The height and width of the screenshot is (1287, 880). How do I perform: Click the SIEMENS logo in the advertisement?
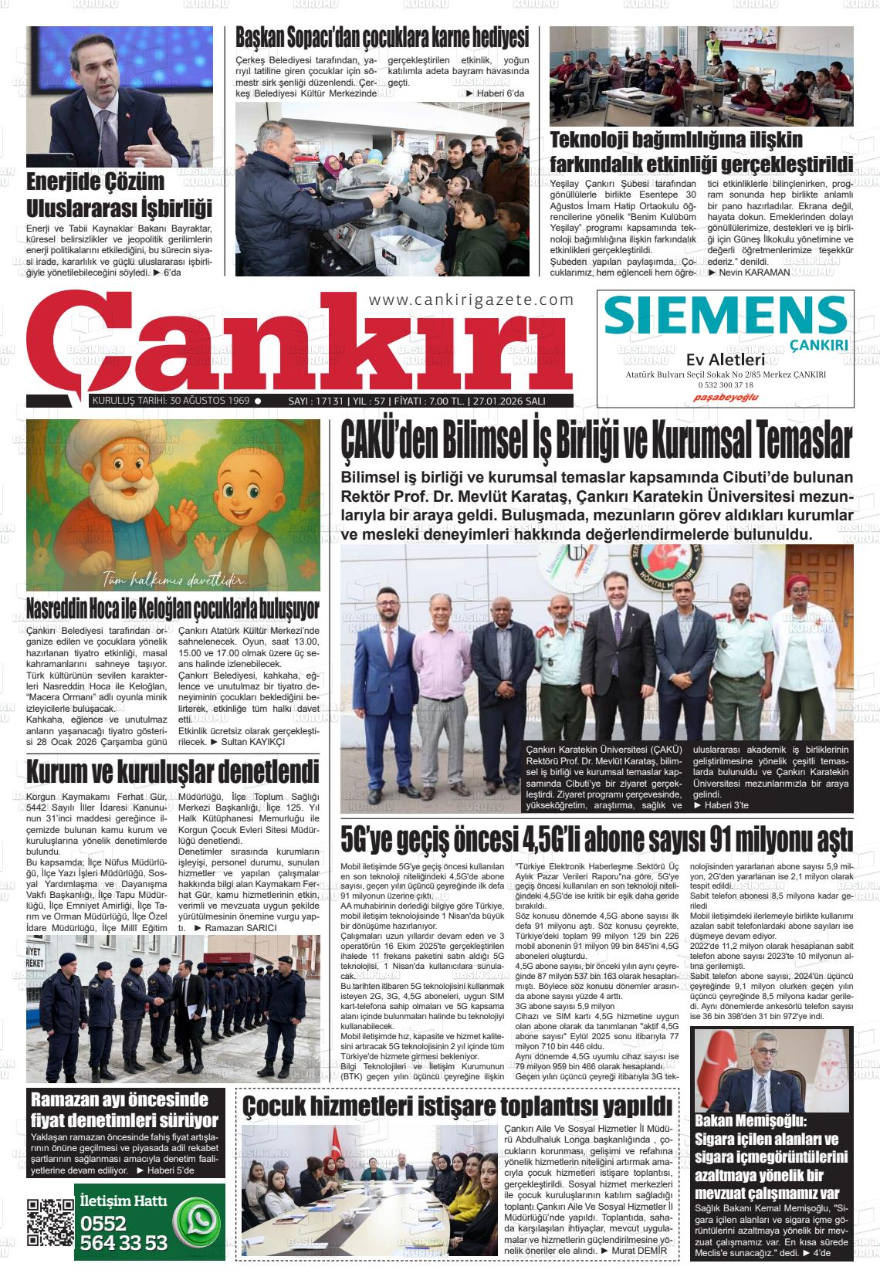click(726, 314)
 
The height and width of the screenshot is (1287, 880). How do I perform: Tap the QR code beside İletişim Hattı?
click(50, 1221)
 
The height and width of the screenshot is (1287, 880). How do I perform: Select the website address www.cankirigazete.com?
click(471, 300)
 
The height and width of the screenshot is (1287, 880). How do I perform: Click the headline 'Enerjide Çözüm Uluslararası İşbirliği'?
click(119, 195)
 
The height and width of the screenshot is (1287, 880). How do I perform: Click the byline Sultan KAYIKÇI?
click(252, 741)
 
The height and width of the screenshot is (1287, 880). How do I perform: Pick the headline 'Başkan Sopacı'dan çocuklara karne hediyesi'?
click(382, 37)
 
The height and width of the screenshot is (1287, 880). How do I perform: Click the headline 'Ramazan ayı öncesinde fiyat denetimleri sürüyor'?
click(124, 1110)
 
